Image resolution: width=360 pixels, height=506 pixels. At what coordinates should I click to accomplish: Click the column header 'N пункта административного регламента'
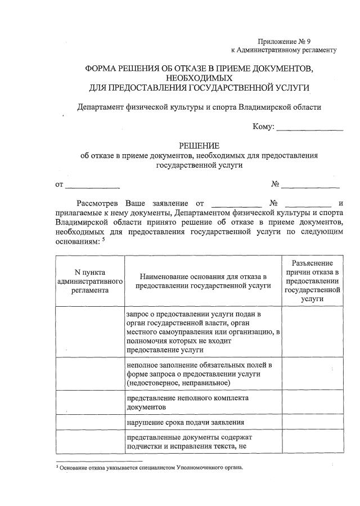[x=90, y=281]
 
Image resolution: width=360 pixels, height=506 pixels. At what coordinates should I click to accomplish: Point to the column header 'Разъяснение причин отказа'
[x=312, y=281]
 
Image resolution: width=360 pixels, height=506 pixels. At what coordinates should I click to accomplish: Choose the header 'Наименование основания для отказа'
[x=202, y=281]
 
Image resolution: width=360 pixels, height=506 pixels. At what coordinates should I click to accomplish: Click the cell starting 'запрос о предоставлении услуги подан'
[x=202, y=332]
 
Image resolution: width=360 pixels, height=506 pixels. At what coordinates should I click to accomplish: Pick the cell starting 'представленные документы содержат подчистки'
[x=191, y=442]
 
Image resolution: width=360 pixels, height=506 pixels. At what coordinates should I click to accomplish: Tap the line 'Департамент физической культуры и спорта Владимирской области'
[x=199, y=107]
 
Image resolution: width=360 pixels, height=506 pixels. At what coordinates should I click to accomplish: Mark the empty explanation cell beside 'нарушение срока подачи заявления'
[x=312, y=422]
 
